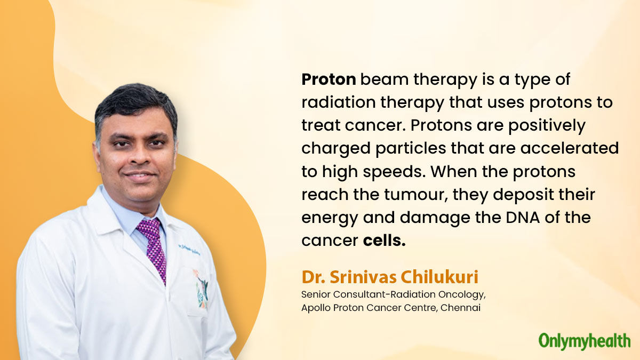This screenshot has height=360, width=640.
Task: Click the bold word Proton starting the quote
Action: (329, 79)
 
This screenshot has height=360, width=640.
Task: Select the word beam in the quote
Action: (385, 79)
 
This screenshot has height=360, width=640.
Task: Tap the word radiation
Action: (339, 102)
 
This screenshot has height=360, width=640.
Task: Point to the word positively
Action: (547, 126)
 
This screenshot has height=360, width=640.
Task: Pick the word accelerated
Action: (570, 148)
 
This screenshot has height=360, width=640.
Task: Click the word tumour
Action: (415, 195)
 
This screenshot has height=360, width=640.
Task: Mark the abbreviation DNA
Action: (523, 218)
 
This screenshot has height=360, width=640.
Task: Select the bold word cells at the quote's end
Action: (385, 241)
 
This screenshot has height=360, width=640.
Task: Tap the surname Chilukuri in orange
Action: (439, 277)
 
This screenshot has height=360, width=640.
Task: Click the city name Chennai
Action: (460, 308)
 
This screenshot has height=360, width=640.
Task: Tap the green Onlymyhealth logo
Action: (585, 341)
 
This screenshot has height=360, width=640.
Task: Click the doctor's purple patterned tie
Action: (154, 248)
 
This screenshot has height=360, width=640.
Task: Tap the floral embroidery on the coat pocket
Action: (201, 289)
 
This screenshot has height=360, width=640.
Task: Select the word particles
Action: (411, 149)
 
